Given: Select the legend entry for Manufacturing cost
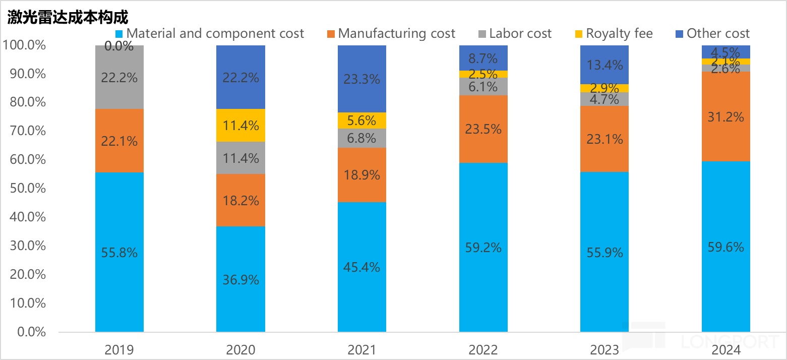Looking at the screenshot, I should pyautogui.click(x=391, y=34).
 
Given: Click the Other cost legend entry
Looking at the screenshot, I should pyautogui.click(x=712, y=34).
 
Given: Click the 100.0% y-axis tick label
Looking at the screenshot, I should pyautogui.click(x=25, y=45).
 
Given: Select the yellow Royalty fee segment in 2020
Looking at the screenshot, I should pyautogui.click(x=240, y=125).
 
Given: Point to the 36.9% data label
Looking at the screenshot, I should pyautogui.click(x=240, y=279).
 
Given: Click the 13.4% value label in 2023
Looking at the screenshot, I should pyautogui.click(x=604, y=65).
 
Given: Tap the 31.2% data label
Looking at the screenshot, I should pyautogui.click(x=726, y=117).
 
